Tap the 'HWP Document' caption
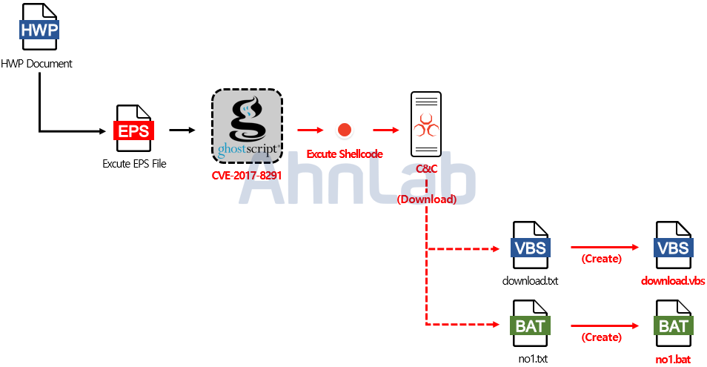point(37,64)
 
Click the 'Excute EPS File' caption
point(134,163)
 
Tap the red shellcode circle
point(344,130)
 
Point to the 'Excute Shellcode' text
point(345,154)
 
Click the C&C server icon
point(426,125)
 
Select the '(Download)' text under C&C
point(426,199)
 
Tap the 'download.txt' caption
point(531,281)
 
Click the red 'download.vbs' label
point(673,281)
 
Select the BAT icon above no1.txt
point(531,324)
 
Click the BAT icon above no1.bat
point(673,324)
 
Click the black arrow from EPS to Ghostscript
point(182,130)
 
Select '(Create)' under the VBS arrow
point(601,259)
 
